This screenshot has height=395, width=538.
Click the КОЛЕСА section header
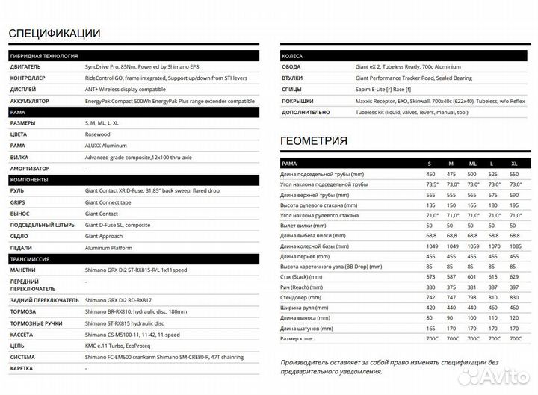pos(291,56)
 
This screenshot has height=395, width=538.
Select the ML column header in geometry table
pos(471,163)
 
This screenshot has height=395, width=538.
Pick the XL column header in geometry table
pos(514,163)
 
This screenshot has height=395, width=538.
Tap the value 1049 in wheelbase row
pos(429,246)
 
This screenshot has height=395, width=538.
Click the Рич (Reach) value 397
pos(514,287)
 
